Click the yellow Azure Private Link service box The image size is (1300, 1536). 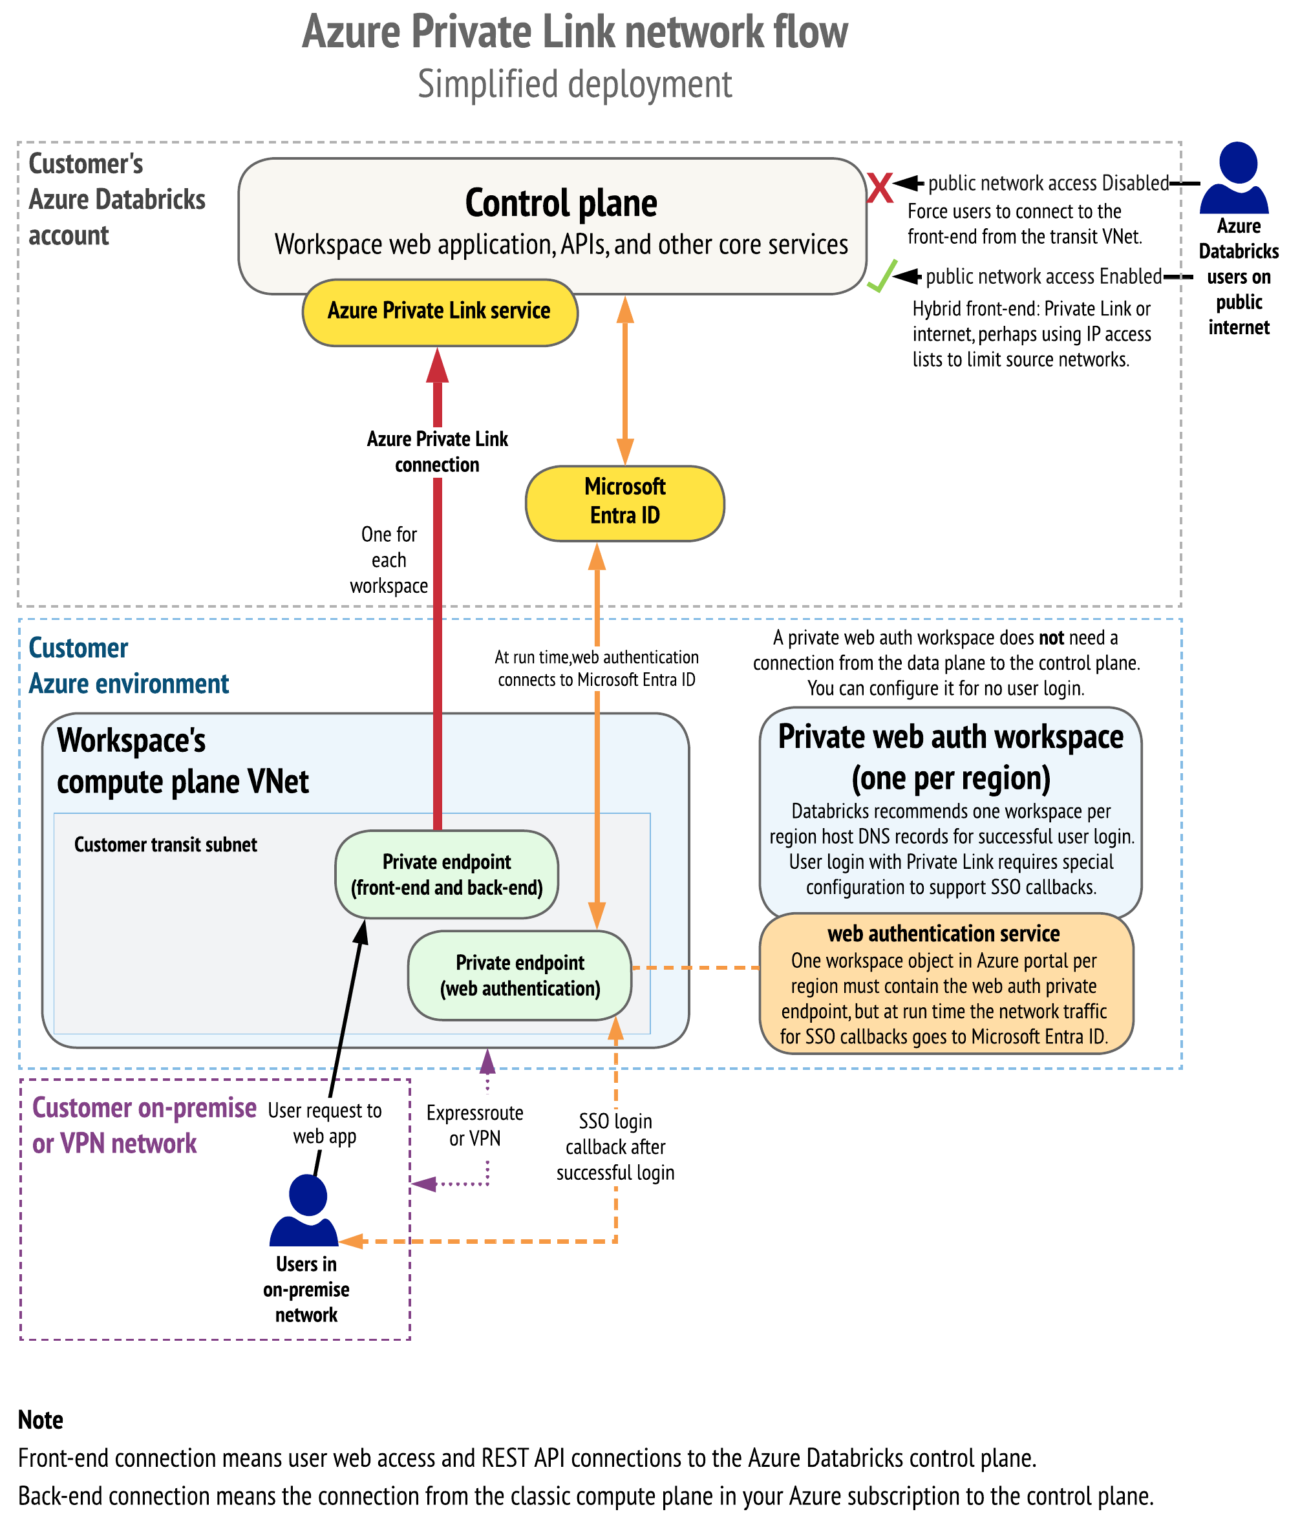tap(439, 312)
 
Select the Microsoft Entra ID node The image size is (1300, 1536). tap(624, 503)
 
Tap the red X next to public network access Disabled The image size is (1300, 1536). tap(879, 187)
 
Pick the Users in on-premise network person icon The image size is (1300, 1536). tap(306, 1209)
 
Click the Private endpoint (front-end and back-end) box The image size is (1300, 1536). tap(447, 874)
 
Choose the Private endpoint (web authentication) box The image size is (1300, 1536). tap(520, 975)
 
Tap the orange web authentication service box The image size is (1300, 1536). tap(946, 984)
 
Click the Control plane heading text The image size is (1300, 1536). tap(561, 204)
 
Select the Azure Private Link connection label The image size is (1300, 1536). tap(437, 452)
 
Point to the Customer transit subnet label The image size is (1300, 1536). tap(166, 845)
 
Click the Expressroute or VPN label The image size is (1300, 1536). tap(474, 1125)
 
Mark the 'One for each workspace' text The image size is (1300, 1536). tap(389, 560)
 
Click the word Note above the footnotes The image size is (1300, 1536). tap(41, 1420)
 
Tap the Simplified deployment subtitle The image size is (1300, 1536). tap(575, 84)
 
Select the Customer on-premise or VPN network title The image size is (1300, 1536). tap(144, 1125)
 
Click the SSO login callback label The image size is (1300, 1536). tap(615, 1147)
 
